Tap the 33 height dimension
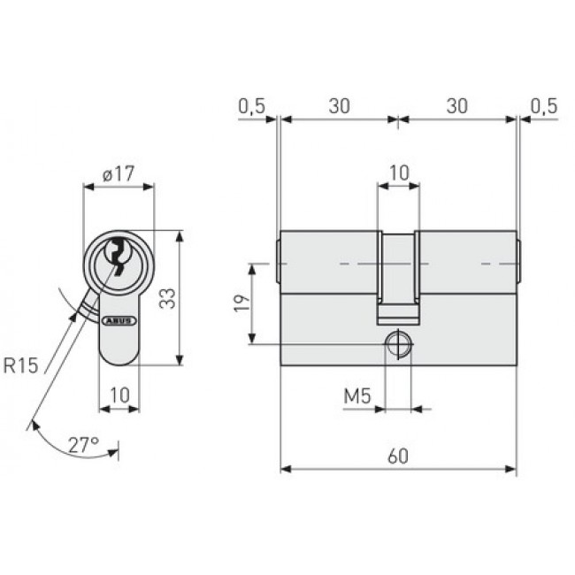[166, 298]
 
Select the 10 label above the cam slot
[399, 172]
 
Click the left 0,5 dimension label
[251, 106]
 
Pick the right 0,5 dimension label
[544, 106]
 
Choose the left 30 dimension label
[338, 106]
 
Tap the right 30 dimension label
[456, 106]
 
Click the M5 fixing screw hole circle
[399, 344]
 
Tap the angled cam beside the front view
[85, 308]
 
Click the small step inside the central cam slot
[398, 310]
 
